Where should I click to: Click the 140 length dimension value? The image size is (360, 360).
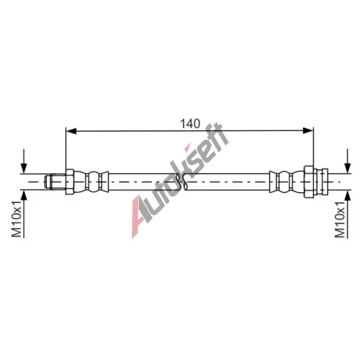(x=190, y=124)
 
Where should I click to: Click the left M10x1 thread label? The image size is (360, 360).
(x=17, y=220)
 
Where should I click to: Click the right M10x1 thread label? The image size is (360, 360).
(x=340, y=220)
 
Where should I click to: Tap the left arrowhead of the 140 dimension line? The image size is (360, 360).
(x=71, y=131)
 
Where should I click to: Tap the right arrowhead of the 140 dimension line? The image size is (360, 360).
(x=308, y=131)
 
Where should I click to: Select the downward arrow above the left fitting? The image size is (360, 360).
(x=24, y=161)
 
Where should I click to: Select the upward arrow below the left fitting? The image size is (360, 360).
(x=24, y=215)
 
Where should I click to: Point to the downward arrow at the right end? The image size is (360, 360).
(x=347, y=161)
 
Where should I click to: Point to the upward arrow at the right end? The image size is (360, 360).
(x=347, y=215)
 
